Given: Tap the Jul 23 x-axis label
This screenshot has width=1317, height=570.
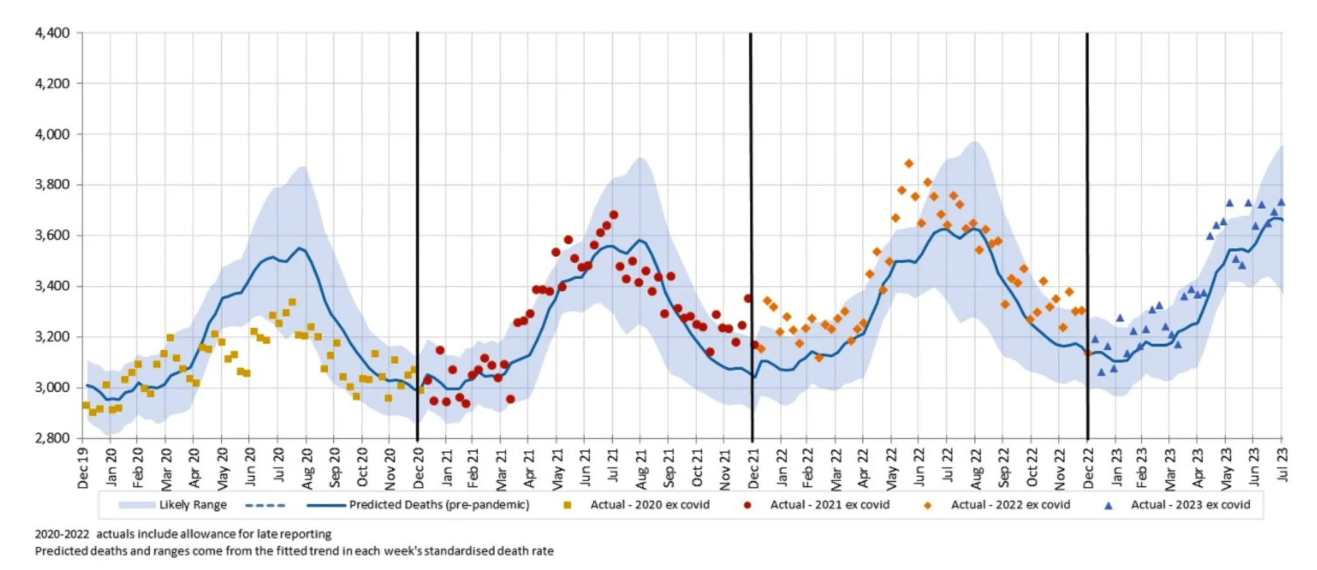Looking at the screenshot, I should click(1282, 464).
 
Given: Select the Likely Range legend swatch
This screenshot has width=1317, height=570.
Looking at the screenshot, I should click(136, 505).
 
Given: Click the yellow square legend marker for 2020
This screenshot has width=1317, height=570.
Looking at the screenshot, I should click(567, 506).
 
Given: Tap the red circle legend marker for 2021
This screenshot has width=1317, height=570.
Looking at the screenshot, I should click(747, 506).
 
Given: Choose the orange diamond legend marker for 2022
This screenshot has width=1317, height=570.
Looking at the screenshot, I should click(927, 506).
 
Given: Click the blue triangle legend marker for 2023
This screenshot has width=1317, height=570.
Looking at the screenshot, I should click(1108, 506).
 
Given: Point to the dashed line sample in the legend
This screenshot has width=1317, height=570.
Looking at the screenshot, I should click(265, 506).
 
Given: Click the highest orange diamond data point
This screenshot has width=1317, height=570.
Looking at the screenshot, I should click(909, 164).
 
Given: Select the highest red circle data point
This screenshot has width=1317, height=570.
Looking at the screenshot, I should click(613, 215).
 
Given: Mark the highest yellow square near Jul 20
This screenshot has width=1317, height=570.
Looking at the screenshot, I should click(292, 302).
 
